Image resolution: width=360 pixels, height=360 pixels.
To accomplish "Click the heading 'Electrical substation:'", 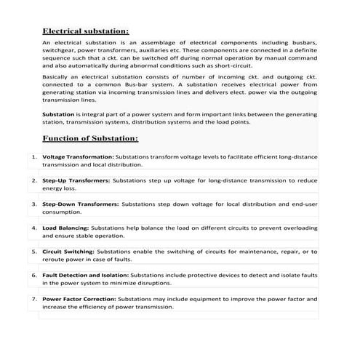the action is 86,32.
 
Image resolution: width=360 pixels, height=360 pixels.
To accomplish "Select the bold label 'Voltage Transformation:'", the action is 79,156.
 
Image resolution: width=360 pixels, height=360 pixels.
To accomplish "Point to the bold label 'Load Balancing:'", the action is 66,228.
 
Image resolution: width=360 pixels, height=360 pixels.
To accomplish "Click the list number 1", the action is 34,156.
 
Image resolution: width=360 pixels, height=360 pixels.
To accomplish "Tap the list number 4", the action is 34,228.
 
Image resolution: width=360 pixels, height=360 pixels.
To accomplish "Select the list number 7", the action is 34,299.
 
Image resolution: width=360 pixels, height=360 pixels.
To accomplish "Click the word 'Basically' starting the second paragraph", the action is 57,76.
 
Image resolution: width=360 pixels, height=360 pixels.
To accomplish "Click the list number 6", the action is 34,276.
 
